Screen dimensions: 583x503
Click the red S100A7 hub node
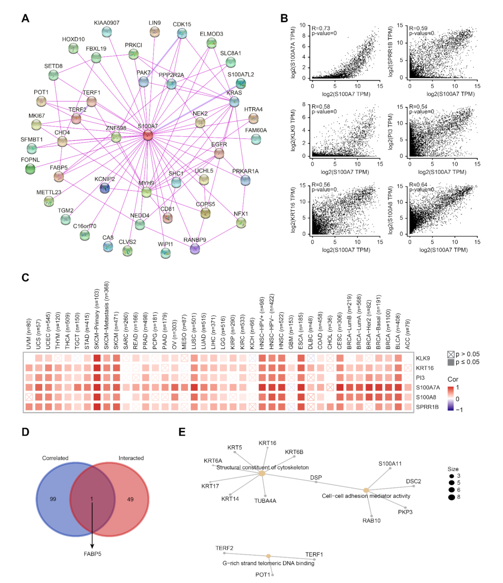pyautogui.click(x=148, y=135)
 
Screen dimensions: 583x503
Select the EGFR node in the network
pyautogui.click(x=219, y=153)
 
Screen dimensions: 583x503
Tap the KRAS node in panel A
pyautogui.click(x=234, y=102)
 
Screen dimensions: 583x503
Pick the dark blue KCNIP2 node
pyautogui.click(x=104, y=188)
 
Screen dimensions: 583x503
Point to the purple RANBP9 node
pyautogui.click(x=195, y=249)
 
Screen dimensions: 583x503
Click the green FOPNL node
pyautogui.click(x=30, y=168)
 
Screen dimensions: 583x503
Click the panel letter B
pyautogui.click(x=284, y=18)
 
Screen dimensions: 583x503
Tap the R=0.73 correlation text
pyautogui.click(x=321, y=28)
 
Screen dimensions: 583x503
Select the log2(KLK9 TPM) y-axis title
pyautogui.click(x=293, y=131)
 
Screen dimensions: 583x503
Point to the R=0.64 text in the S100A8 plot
pyautogui.click(x=418, y=185)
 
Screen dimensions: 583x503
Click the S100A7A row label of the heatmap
pyautogui.click(x=428, y=388)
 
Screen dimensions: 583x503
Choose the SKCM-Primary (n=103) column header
pyautogui.click(x=97, y=319)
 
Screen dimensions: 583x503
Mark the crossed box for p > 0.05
pyautogui.click(x=451, y=355)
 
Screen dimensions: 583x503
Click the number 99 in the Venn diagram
pyautogui.click(x=53, y=499)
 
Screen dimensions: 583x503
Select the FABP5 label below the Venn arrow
pyautogui.click(x=92, y=554)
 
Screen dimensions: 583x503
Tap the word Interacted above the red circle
pyautogui.click(x=131, y=458)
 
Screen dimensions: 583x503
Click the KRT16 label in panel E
pyautogui.click(x=267, y=443)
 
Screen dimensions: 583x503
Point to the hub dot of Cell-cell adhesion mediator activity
pyautogui.click(x=366, y=490)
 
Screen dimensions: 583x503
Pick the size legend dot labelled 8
pyautogui.click(x=451, y=497)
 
